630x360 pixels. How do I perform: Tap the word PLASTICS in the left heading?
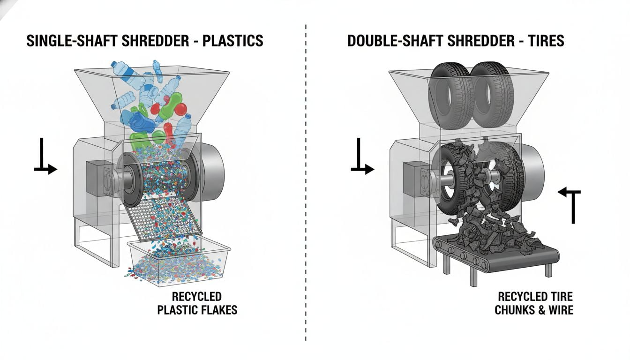tap(232, 41)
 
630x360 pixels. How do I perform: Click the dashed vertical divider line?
tap(306, 187)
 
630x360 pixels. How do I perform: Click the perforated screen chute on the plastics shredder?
tap(164, 216)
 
